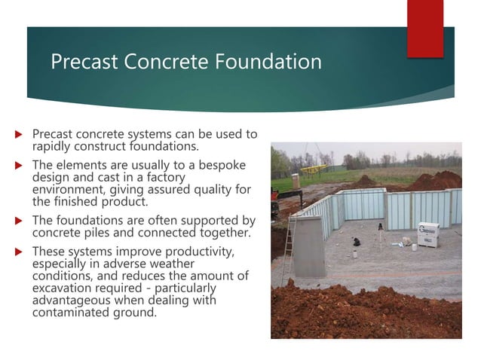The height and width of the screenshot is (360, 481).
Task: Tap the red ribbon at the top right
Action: tap(425, 29)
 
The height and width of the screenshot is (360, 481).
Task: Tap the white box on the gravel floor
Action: tap(428, 233)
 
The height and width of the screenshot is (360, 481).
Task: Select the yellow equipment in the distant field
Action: tap(318, 169)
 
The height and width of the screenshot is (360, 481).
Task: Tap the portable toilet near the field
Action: tap(296, 181)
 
